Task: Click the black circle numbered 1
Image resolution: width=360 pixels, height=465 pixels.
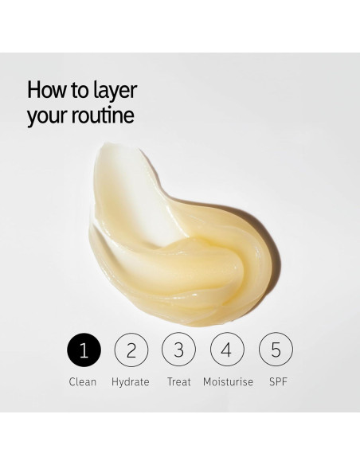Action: point(84,350)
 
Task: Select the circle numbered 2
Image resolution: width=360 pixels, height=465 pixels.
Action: point(131,350)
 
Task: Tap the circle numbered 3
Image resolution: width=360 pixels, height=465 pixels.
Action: point(179,350)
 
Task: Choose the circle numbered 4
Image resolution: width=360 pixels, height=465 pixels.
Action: point(228,350)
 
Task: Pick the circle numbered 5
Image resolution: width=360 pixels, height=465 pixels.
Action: point(276,350)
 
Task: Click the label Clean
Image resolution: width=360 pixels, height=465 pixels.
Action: point(84,382)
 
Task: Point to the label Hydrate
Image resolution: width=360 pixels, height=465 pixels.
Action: point(131,382)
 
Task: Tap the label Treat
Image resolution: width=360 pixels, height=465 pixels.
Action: point(179,382)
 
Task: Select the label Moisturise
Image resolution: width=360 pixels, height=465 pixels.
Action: point(228,382)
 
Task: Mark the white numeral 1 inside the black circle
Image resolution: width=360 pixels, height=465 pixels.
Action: point(84,350)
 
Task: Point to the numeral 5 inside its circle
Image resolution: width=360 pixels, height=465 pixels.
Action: point(276,350)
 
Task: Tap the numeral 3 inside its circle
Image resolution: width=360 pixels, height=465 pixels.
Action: point(179,350)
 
